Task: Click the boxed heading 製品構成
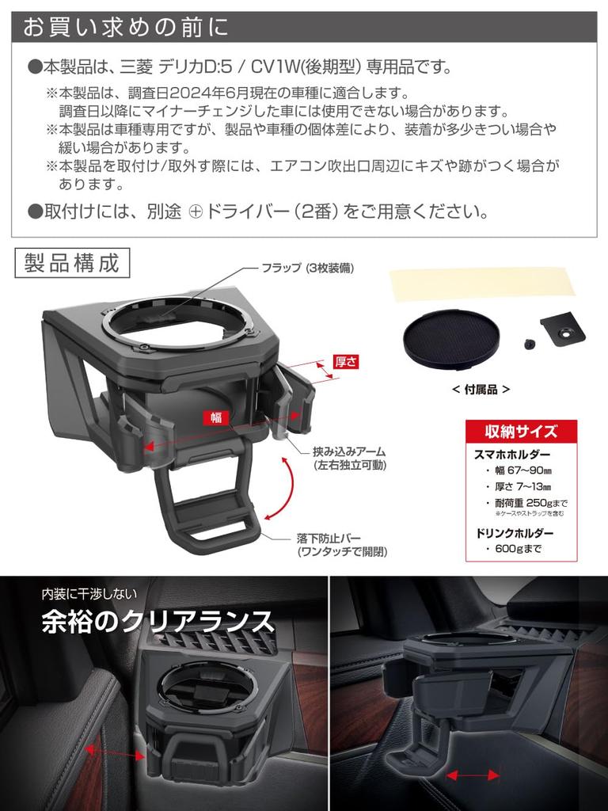(71, 264)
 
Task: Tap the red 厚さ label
(346, 361)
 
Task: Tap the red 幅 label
(216, 417)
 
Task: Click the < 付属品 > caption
(481, 389)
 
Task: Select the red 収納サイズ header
(521, 432)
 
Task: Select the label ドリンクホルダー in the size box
(514, 532)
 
